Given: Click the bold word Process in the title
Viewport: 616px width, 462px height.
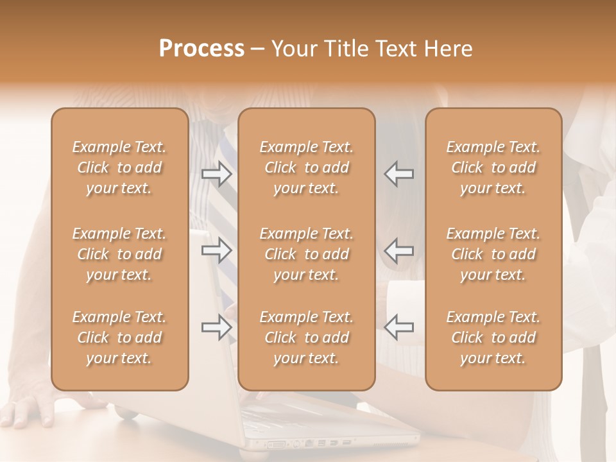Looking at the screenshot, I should [x=201, y=48].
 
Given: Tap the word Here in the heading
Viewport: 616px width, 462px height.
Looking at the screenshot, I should [x=447, y=49].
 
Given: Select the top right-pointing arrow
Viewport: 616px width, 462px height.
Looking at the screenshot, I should [x=217, y=174].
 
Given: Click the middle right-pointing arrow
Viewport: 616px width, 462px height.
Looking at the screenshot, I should [x=217, y=250].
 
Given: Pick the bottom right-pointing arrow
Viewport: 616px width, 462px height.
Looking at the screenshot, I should [x=217, y=327].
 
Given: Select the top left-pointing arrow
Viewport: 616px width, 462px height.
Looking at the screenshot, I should [x=398, y=174].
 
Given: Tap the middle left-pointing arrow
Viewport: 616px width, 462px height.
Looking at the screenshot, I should [x=398, y=250].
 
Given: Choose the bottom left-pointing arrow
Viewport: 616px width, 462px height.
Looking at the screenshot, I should [x=398, y=327].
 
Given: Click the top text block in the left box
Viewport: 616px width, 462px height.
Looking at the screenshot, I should [x=119, y=167].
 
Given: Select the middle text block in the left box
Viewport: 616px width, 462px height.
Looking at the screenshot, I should [x=119, y=254].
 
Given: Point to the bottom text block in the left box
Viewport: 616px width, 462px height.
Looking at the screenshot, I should [x=119, y=338].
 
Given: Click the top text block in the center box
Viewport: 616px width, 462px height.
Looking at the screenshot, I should [x=307, y=167].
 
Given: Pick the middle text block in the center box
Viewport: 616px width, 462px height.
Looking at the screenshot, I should [x=307, y=254].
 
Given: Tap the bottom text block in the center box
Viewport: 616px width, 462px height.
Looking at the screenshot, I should [x=307, y=338].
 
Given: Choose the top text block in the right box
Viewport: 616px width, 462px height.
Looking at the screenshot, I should [x=493, y=167].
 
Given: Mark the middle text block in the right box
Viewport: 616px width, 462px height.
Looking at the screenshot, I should [x=493, y=254].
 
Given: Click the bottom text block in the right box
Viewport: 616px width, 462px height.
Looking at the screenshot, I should [x=493, y=338].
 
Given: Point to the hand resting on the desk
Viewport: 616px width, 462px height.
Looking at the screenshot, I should [x=29, y=409].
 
